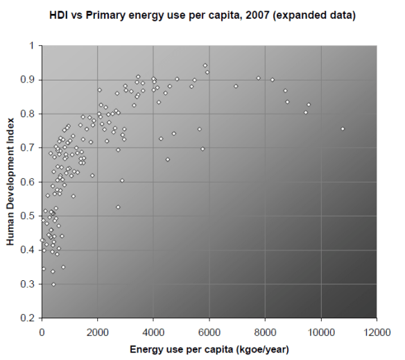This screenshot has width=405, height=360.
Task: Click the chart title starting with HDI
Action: click(x=202, y=15)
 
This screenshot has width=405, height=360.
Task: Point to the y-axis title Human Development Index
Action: click(x=12, y=182)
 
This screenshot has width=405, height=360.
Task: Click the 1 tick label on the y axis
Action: click(x=33, y=46)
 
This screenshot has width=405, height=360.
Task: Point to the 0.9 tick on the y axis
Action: click(x=29, y=80)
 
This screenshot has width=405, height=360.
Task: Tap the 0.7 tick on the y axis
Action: click(x=29, y=148)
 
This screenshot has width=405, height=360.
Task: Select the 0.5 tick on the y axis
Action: click(x=29, y=216)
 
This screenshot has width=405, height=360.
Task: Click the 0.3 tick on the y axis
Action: click(x=29, y=284)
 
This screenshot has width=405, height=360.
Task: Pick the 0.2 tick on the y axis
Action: click(x=29, y=318)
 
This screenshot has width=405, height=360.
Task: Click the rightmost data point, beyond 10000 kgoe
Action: click(x=342, y=129)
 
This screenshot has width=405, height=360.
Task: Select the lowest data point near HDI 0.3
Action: click(x=53, y=284)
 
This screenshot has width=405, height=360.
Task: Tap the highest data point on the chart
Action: click(x=205, y=65)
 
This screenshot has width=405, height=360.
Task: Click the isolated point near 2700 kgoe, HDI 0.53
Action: click(x=118, y=207)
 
